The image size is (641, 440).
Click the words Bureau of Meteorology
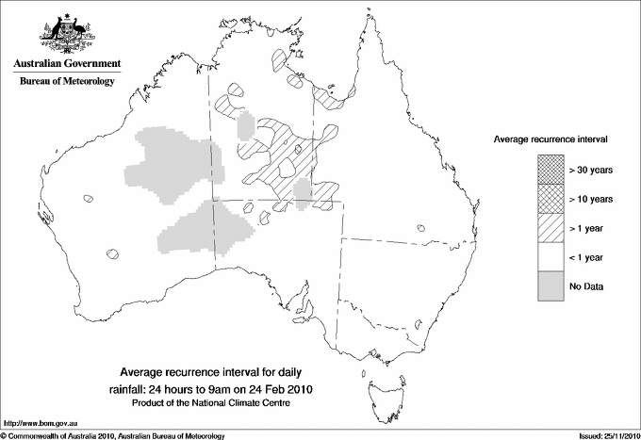[x=67, y=82]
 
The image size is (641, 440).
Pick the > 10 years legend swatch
[x=551, y=198]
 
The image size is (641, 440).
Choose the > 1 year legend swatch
[x=551, y=227]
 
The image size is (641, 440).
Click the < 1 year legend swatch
[x=551, y=256]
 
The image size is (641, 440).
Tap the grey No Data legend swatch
[x=551, y=285]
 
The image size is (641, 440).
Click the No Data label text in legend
[x=586, y=285]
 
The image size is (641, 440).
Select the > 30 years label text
[x=590, y=170]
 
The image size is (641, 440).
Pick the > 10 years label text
[x=590, y=199]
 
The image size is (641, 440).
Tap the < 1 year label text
[x=585, y=257]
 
